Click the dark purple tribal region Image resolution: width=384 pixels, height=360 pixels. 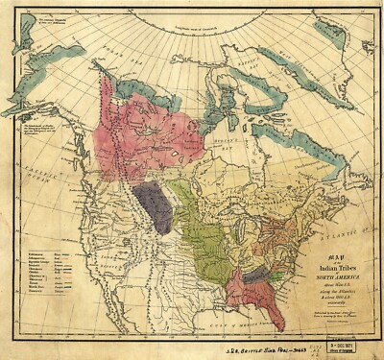(x=155, y=206)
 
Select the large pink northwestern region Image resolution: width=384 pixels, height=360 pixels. (x=144, y=139)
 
